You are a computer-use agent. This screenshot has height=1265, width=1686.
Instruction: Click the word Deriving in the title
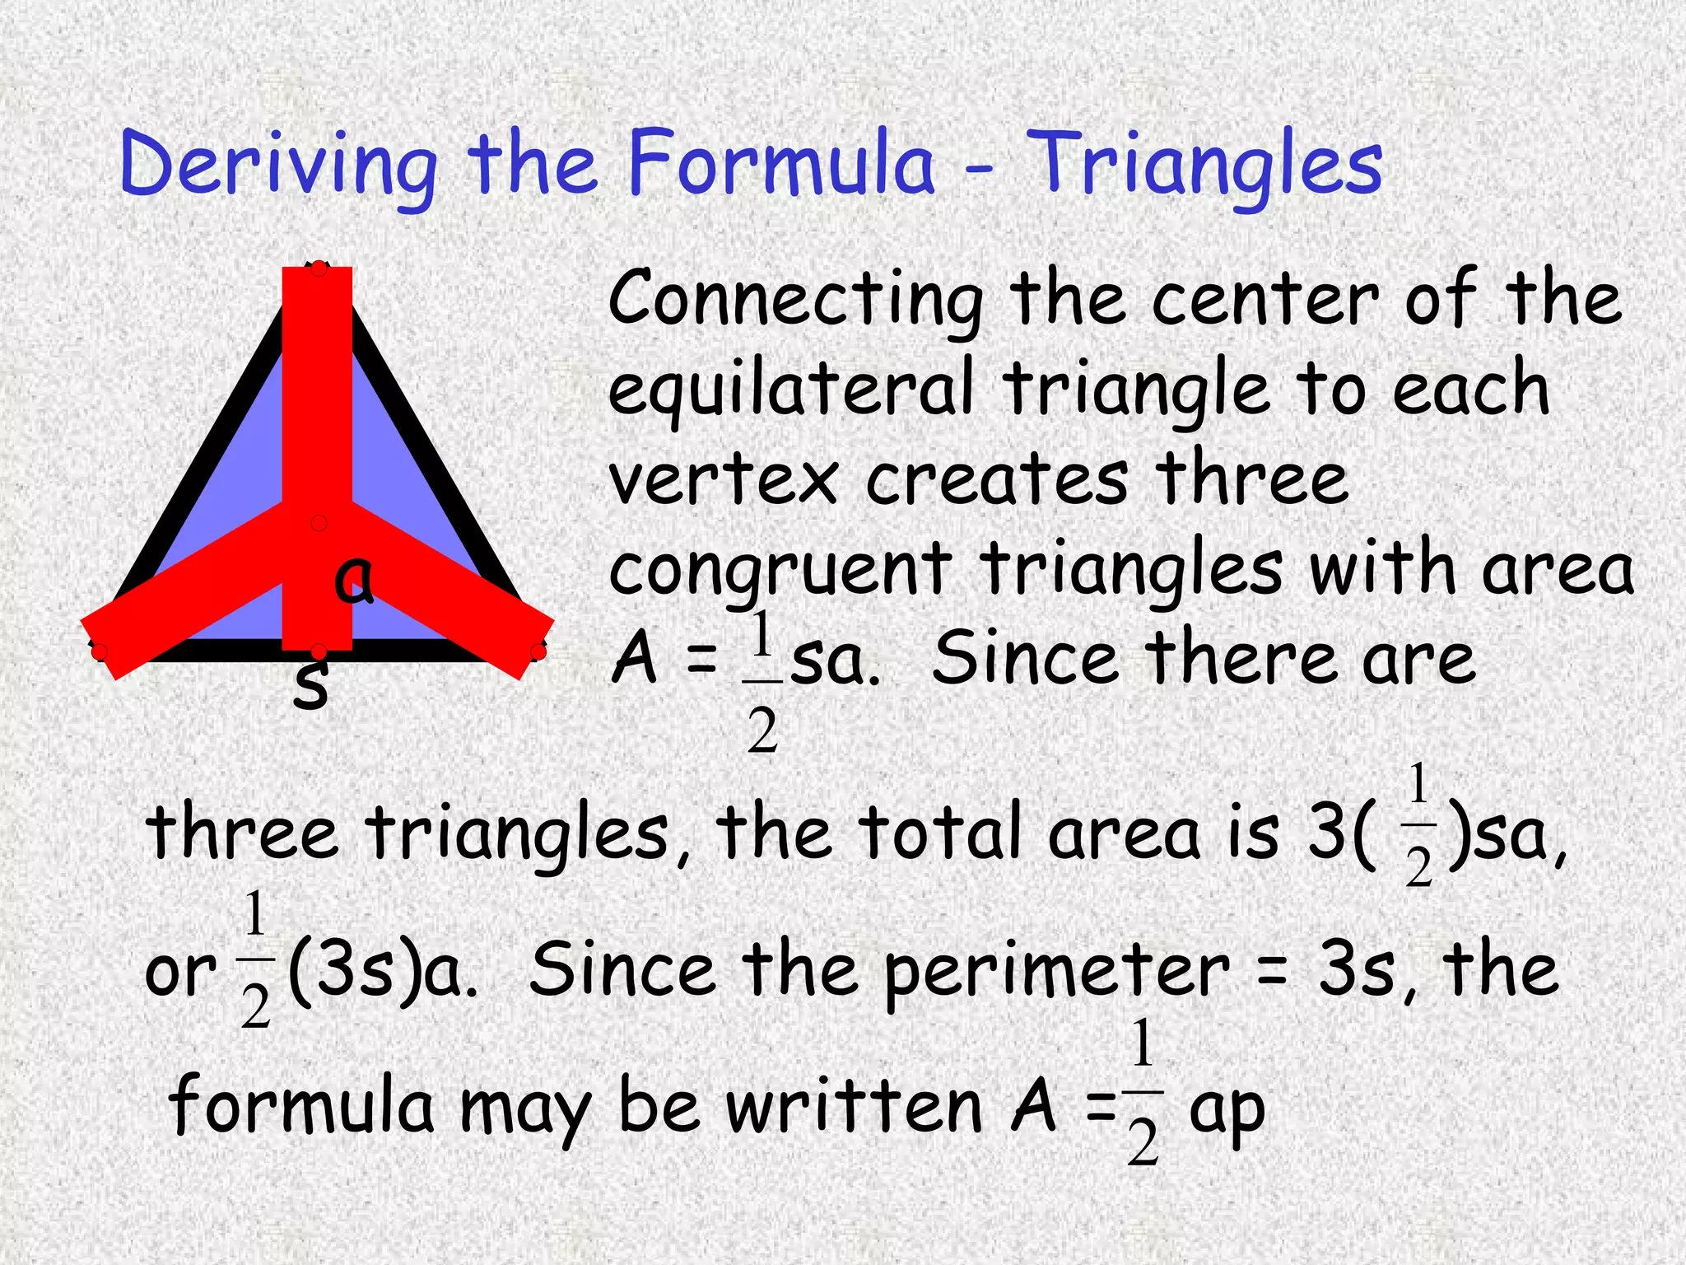coord(278,165)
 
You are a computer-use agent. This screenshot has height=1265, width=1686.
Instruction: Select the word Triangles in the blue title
coord(1206,165)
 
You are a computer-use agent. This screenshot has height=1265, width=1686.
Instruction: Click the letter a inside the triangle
coord(354,581)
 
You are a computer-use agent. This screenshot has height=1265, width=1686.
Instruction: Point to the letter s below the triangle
coord(311,685)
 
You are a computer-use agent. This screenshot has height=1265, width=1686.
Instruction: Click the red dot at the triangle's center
coord(319,523)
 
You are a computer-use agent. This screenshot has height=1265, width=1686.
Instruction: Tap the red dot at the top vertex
coord(319,268)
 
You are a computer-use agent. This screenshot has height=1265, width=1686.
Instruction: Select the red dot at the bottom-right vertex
coord(538,652)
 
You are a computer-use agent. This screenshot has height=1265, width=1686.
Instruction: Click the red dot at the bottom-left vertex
coord(100,652)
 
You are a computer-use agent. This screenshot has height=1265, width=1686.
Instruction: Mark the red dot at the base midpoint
coord(319,652)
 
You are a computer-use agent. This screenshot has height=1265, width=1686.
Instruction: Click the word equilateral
coord(790,391)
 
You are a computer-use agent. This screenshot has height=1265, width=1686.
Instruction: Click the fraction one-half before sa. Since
coord(762,682)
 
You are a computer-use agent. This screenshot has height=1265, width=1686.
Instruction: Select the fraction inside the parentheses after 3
coord(1418,825)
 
